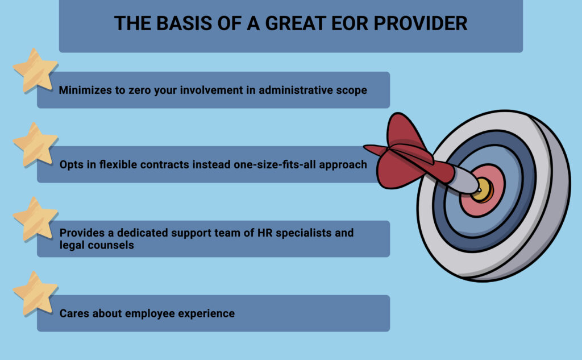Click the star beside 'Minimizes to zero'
[x=35, y=69]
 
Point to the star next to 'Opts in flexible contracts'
[x=35, y=144]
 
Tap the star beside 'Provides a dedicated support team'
[x=35, y=218]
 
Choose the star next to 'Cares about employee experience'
[x=35, y=293]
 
